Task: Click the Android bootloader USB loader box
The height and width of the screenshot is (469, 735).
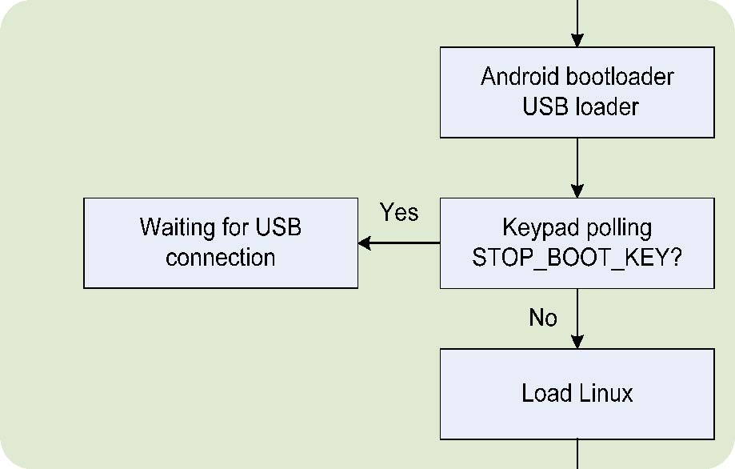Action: point(577,92)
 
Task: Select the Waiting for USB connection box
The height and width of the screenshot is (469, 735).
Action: point(221,243)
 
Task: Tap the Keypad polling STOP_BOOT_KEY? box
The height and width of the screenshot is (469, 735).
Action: point(577,243)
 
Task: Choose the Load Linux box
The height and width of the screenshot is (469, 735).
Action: point(577,394)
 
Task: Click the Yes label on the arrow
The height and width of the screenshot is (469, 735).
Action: point(399,213)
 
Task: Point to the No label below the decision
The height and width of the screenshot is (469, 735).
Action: point(543,319)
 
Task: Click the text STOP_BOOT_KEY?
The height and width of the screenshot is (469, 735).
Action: point(577,259)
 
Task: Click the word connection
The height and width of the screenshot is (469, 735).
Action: point(221,259)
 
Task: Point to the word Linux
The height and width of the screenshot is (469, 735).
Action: point(605,394)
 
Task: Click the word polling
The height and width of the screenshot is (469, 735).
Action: point(616,228)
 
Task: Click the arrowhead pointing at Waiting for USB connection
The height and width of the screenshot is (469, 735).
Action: point(365,243)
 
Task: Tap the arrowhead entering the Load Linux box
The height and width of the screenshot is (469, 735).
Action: point(577,342)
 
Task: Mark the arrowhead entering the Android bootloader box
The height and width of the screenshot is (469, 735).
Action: point(577,40)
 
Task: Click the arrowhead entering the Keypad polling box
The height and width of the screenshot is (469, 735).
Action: point(577,191)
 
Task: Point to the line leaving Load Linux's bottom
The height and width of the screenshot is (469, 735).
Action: point(577,454)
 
